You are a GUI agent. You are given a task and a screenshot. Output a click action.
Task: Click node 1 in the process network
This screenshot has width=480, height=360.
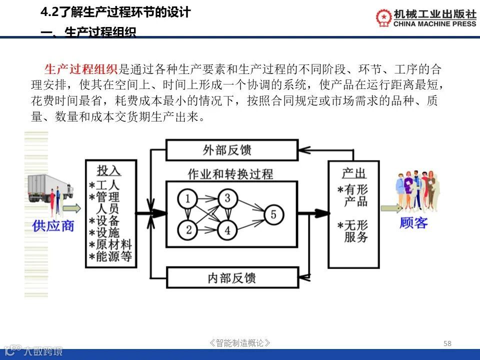click(188, 199)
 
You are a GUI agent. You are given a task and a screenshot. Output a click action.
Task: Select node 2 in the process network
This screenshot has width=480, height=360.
click(188, 230)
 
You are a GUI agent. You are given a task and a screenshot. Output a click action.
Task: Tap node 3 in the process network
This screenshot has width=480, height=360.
click(227, 198)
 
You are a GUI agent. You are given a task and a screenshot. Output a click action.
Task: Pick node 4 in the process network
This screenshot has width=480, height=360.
click(227, 230)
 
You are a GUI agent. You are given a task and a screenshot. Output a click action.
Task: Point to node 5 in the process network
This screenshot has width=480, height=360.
click(273, 214)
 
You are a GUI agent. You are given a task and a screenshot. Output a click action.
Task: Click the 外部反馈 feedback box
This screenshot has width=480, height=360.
click(231, 149)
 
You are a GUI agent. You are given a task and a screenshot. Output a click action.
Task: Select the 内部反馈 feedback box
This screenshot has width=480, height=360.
click(231, 277)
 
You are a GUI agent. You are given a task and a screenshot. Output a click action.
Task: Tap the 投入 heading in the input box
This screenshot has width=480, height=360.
click(109, 170)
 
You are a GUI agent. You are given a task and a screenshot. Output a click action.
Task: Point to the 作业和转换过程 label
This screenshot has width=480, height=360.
click(230, 173)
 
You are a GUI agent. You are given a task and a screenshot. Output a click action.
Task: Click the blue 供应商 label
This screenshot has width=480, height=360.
click(53, 225)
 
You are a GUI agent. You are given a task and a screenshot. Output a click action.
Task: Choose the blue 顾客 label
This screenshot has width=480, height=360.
click(413, 223)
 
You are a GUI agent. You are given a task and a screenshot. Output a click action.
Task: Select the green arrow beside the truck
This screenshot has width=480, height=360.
click(71, 207)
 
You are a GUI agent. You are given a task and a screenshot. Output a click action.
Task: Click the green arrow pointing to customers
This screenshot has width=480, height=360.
click(390, 208)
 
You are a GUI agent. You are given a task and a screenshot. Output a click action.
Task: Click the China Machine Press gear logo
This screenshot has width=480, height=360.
click(384, 17)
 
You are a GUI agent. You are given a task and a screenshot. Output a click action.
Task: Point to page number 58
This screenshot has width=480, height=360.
click(447, 343)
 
